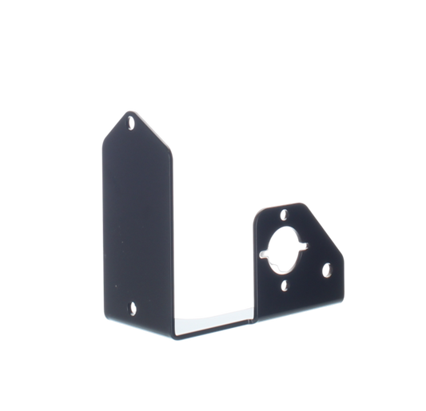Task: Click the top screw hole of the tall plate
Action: pyautogui.click(x=131, y=124)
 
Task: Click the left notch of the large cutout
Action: pyautogui.click(x=265, y=254)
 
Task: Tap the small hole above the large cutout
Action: pyautogui.click(x=282, y=215)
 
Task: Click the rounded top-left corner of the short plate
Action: pyautogui.click(x=258, y=209)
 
